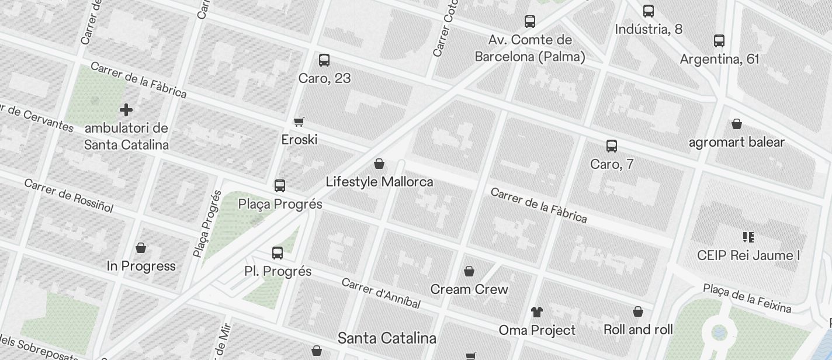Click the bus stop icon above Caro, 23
(x=324, y=60)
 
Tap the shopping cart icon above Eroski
(x=299, y=122)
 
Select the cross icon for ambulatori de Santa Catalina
(x=126, y=109)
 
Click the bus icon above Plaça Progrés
(x=280, y=186)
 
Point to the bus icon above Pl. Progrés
(x=278, y=253)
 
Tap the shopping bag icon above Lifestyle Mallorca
(x=379, y=164)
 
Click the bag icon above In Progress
(x=141, y=248)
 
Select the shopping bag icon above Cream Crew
(x=469, y=271)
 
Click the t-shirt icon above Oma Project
(x=537, y=312)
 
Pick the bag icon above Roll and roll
(x=638, y=311)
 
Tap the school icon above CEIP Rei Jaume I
(x=748, y=237)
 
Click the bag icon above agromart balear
(x=737, y=124)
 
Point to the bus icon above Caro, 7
(x=612, y=146)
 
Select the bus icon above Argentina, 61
(x=719, y=41)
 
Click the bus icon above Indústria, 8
(x=649, y=11)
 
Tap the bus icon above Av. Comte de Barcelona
(x=530, y=22)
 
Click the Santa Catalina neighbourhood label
(x=387, y=338)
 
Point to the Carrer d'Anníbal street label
(x=381, y=293)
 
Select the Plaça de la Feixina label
(x=747, y=298)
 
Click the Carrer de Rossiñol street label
(x=69, y=195)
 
